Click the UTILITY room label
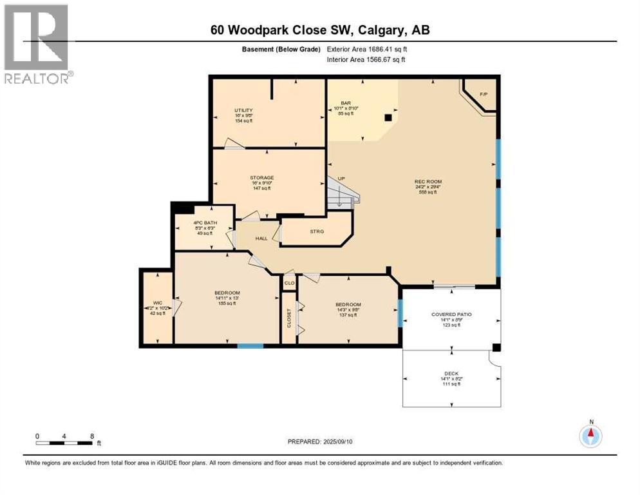point(243,110)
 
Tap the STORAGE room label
point(262,177)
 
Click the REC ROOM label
point(428,181)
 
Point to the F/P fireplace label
point(484,95)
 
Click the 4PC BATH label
point(203,223)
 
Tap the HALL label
point(261,238)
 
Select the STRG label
point(316,231)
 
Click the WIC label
point(156,302)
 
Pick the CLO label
point(290,282)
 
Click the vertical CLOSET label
point(289,318)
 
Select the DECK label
point(451,373)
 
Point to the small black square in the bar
point(388,118)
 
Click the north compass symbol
point(590,436)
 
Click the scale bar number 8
point(93,436)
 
